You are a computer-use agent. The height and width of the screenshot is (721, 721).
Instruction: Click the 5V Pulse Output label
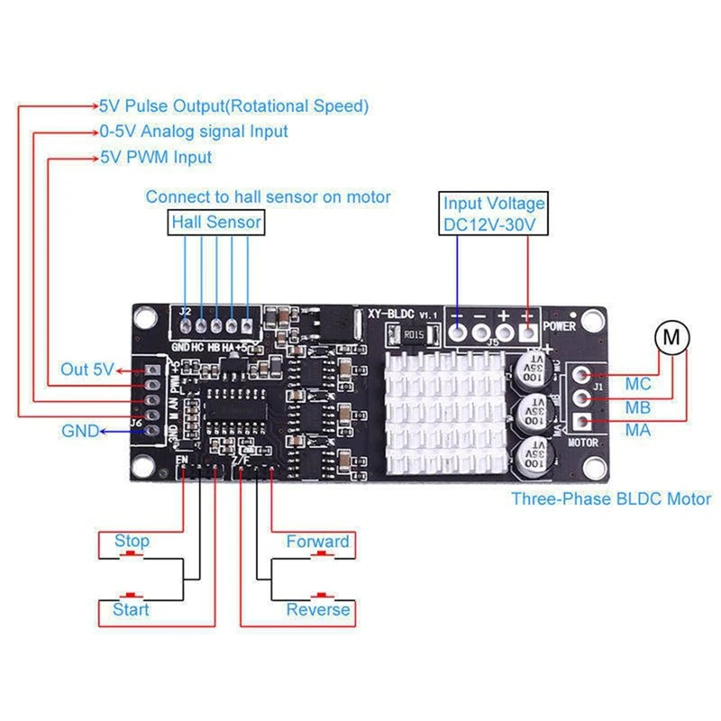(x=234, y=106)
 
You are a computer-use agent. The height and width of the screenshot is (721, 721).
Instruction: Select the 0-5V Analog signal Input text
(x=194, y=132)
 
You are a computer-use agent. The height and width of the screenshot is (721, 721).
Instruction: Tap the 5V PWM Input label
(x=156, y=157)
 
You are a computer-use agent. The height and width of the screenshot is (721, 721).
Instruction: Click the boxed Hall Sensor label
(x=216, y=222)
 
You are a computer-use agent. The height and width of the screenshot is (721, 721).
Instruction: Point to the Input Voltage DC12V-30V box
(x=494, y=214)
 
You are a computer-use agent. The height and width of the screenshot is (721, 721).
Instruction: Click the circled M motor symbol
(x=671, y=338)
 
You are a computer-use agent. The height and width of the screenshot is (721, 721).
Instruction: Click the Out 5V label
(x=87, y=370)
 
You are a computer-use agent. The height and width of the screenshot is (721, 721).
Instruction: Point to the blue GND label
(x=80, y=431)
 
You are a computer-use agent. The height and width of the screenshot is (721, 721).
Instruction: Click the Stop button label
(x=132, y=542)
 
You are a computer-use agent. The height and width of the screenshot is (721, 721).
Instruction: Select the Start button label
(x=131, y=610)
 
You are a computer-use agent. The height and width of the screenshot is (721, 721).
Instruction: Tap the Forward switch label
(x=317, y=542)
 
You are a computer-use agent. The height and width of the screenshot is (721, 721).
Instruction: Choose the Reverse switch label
(x=317, y=610)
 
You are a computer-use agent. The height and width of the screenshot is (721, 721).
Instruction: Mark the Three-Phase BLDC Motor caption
(x=611, y=498)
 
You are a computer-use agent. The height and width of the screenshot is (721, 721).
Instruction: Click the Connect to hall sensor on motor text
(x=269, y=196)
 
